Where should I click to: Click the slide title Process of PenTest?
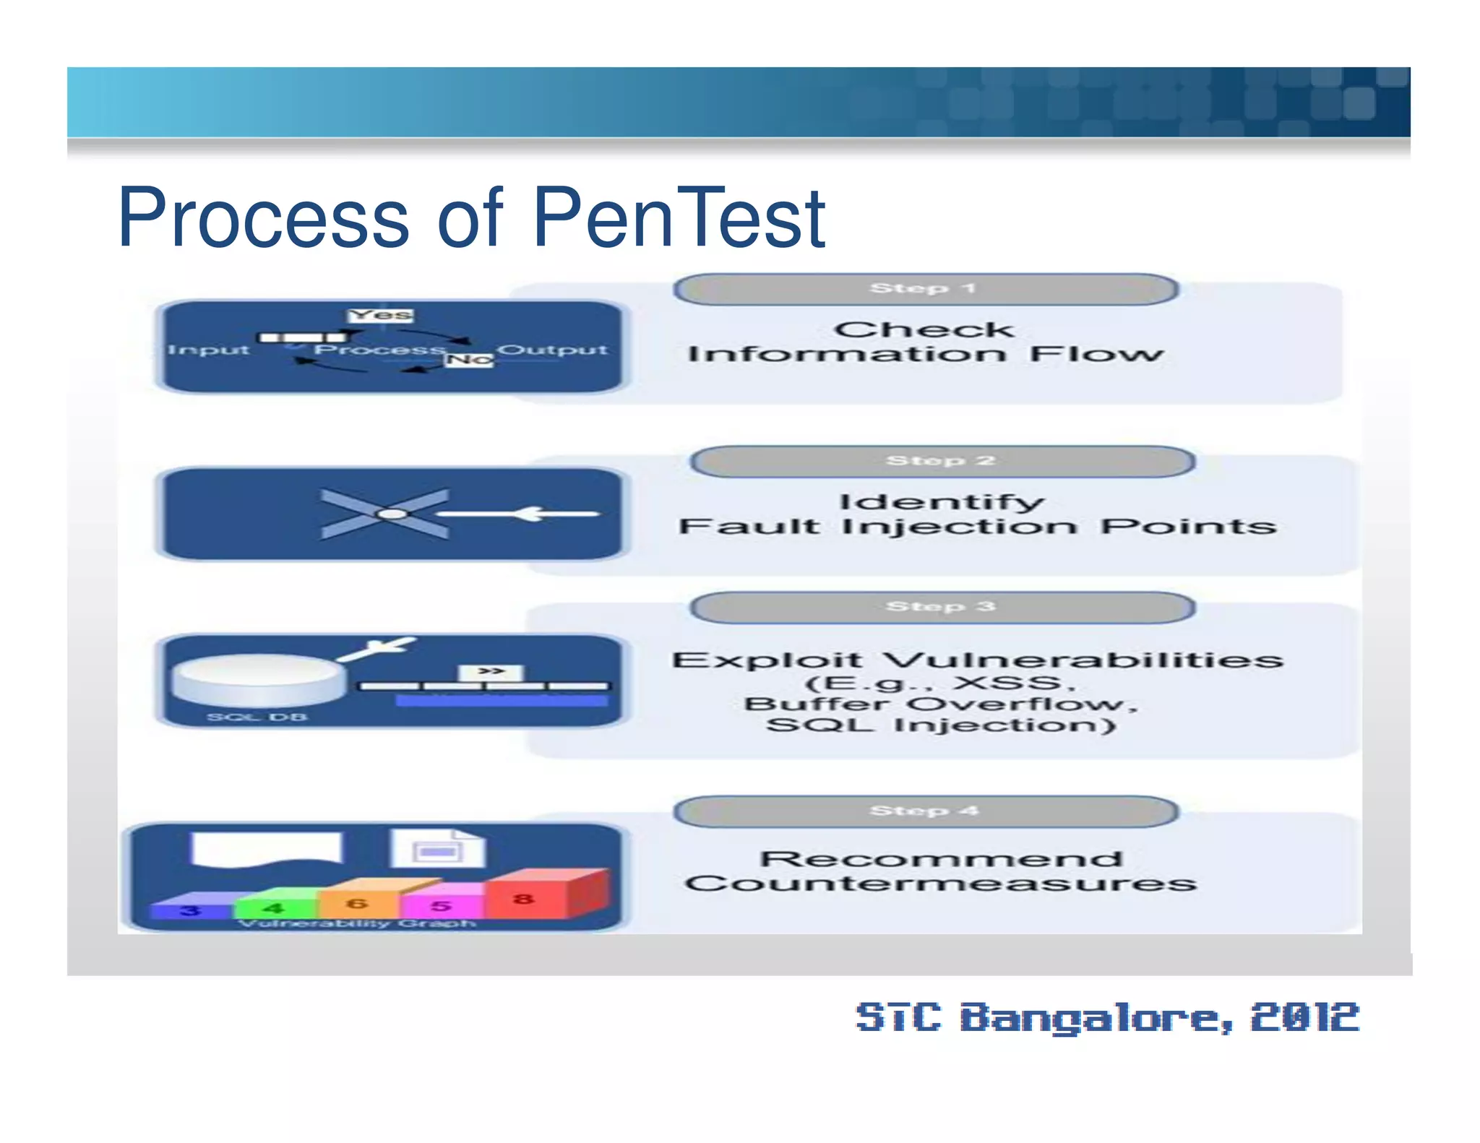tap(471, 217)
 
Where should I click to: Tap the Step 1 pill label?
tap(925, 289)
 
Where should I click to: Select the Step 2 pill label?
tap(942, 461)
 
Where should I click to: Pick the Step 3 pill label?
tap(942, 607)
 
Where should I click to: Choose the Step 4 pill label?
tap(925, 811)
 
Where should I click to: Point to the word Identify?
tap(942, 501)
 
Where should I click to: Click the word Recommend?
tap(942, 858)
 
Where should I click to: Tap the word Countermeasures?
tap(942, 883)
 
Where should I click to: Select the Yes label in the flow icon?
tap(381, 315)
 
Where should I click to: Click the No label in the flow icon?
tap(470, 359)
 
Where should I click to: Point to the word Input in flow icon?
tap(208, 350)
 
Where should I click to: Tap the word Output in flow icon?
tap(552, 350)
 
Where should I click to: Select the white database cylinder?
tap(259, 679)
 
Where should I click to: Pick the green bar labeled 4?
tap(275, 907)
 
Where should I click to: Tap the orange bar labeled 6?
tap(357, 903)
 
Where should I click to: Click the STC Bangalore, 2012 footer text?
tap(1108, 1017)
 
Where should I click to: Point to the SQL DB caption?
tap(257, 717)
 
